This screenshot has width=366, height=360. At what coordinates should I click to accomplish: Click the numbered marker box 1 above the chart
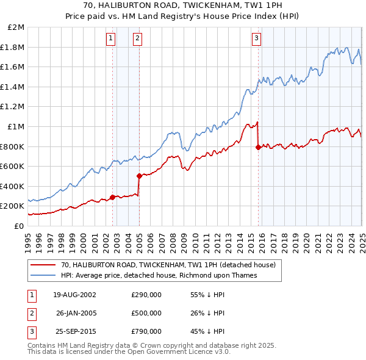pos(110,38)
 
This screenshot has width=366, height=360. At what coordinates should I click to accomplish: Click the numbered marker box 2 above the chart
pos(137,38)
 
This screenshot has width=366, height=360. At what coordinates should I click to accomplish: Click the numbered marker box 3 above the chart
pos(256,38)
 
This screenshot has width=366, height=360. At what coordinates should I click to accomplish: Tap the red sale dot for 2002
pos(113,196)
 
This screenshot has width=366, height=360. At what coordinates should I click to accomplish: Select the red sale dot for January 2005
pos(140,176)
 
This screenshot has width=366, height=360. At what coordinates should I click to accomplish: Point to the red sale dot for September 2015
pos(259,147)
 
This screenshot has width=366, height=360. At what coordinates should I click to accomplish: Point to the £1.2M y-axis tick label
pos(13,107)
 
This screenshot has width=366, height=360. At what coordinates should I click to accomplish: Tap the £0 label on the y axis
pos(18,226)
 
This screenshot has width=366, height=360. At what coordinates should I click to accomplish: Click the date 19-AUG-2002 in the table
pos(74,295)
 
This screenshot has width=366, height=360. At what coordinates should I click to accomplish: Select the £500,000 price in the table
pos(146,313)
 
